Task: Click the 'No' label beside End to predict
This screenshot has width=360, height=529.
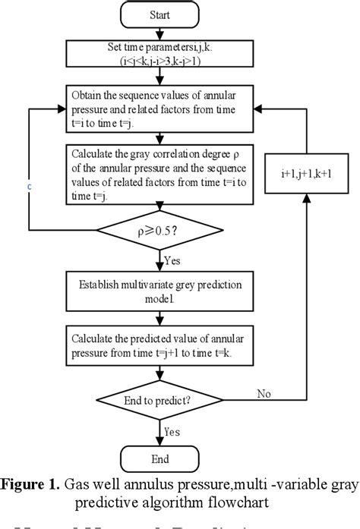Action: pos(263,394)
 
